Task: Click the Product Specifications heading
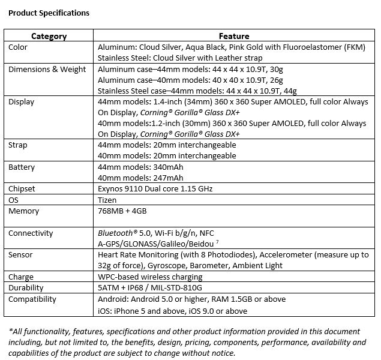[x=49, y=13]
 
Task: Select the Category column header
[x=49, y=36]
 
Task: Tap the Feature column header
[x=234, y=36]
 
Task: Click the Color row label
[x=18, y=47]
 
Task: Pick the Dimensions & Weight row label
[x=47, y=69]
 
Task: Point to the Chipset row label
[x=22, y=188]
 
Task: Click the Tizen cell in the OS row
[x=107, y=200]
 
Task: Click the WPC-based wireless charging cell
[x=150, y=277]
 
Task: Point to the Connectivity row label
[x=31, y=233]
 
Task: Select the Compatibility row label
[x=32, y=299]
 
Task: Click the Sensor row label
[x=21, y=255]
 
